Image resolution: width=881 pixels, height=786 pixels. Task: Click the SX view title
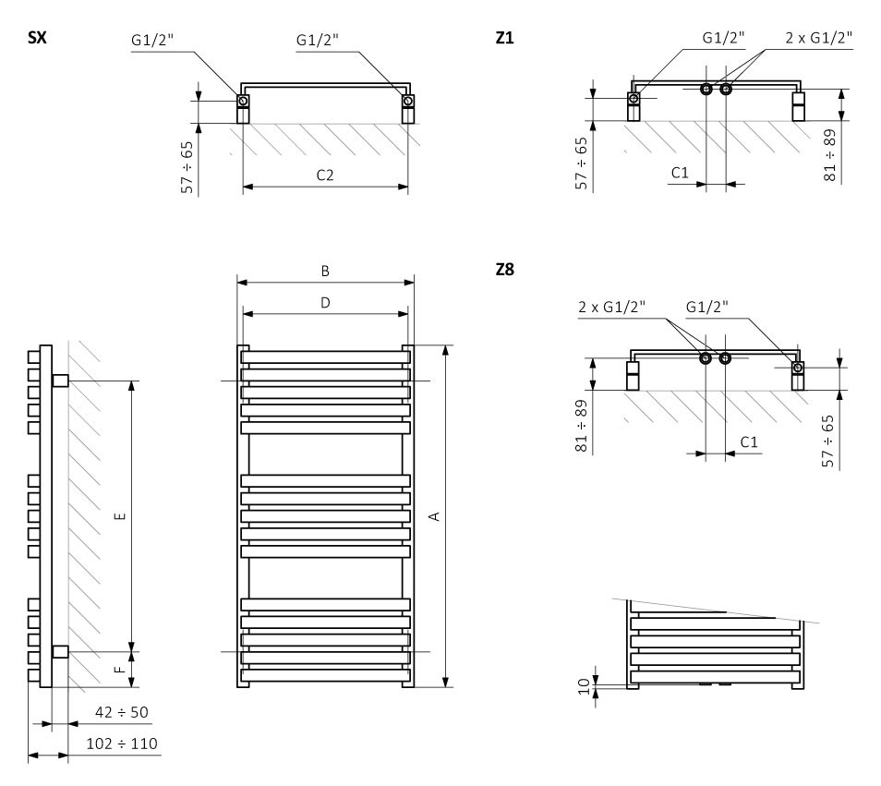pos(37,38)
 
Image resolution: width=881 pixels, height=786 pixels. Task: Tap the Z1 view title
pos(504,38)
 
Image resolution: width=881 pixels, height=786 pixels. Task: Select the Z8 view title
pos(504,270)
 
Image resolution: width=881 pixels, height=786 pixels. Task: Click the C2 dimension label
pos(325,175)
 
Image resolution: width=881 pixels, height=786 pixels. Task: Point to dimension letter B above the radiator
pos(325,272)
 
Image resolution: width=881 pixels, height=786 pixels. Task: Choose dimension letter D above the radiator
pos(325,303)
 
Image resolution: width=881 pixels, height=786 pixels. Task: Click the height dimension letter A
pos(434,516)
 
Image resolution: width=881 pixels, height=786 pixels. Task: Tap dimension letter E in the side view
pos(120,516)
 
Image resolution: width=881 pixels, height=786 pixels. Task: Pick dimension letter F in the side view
pos(120,669)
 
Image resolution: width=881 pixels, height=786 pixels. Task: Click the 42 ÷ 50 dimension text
pos(121,712)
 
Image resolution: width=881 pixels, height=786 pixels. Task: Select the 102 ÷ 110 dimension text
pos(121,744)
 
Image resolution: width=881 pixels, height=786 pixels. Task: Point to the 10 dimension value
pos(585,686)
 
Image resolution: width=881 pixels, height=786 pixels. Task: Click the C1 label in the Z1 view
pos(680,173)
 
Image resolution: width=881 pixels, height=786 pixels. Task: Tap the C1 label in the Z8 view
pos(749,442)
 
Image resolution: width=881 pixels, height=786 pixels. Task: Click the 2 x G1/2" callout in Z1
pos(818,38)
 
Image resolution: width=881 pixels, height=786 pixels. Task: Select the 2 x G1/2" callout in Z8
pos(612,307)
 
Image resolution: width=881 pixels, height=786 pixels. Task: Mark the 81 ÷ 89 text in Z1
pos(829,155)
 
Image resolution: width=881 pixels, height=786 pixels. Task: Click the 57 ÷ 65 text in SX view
pos(187,167)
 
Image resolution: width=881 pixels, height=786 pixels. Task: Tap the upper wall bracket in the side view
pos(60,381)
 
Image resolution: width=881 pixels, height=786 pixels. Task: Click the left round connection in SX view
pos(243,101)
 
